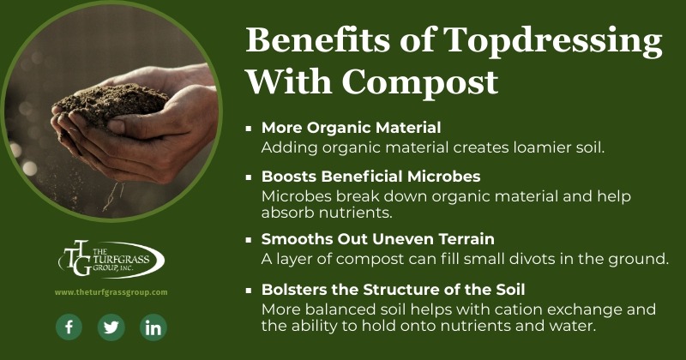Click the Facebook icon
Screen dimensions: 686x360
coord(69,327)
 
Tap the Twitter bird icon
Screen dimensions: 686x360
coord(111,327)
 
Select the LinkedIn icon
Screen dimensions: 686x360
coord(153,327)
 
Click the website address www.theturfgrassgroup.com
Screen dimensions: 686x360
coord(111,292)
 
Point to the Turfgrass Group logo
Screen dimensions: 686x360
coord(111,259)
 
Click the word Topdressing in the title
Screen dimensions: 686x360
coord(552,41)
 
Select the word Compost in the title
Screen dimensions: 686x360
coord(419,81)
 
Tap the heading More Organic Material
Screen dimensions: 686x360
coord(351,128)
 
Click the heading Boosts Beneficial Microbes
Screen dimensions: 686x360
coord(371,177)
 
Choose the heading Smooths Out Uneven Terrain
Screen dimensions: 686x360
coord(378,239)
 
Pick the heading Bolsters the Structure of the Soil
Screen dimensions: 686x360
coord(393,290)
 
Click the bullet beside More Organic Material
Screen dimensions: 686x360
coord(249,129)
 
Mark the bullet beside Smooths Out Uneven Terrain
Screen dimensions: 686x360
coord(249,240)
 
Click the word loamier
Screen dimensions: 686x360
coord(542,147)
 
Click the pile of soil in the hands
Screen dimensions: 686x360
coord(111,104)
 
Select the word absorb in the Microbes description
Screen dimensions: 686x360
coord(288,213)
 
